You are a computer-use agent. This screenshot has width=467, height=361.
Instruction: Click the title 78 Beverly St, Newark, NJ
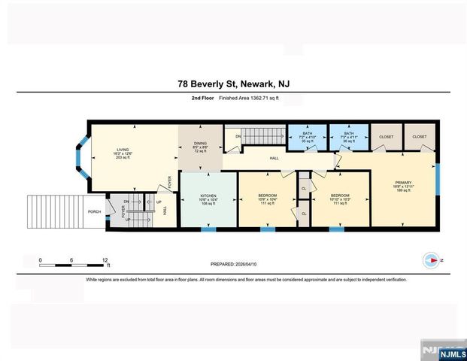(x=233, y=85)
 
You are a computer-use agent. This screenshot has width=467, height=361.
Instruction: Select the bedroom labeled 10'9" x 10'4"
(x=267, y=199)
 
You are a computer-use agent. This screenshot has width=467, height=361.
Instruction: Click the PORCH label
(x=94, y=211)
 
